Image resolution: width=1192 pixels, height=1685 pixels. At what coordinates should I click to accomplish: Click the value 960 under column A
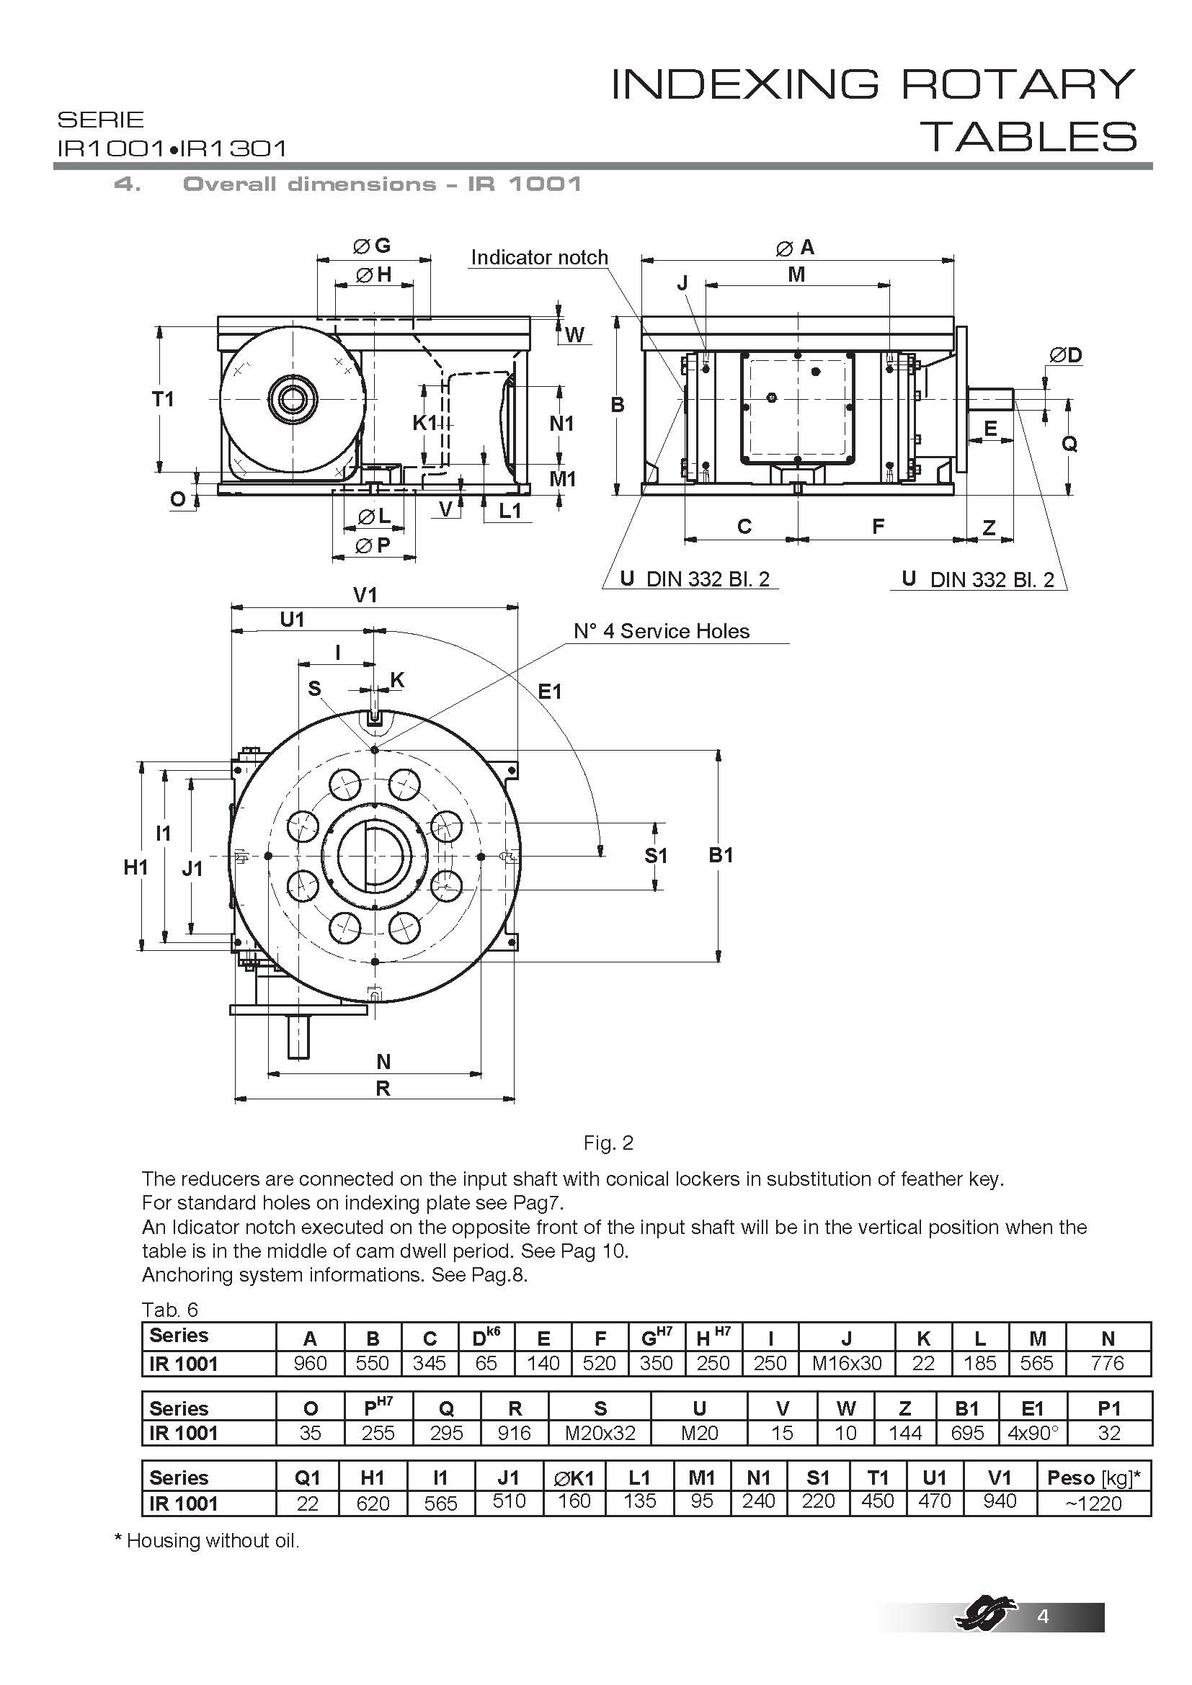click(x=310, y=1364)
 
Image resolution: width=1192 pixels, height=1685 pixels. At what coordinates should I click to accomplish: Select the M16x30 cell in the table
click(x=846, y=1364)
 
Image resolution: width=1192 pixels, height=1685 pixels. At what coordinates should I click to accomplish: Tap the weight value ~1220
click(x=1093, y=1503)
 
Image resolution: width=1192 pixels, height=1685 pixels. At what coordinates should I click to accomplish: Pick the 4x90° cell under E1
click(x=1032, y=1434)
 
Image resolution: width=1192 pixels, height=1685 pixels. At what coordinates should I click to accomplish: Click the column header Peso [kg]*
click(x=1093, y=1478)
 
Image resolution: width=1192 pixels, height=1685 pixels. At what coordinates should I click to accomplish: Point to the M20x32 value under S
click(x=600, y=1434)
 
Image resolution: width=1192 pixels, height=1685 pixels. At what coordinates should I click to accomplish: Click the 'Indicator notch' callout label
click(x=540, y=258)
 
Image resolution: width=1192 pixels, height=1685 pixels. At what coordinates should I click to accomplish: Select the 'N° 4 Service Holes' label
click(x=662, y=631)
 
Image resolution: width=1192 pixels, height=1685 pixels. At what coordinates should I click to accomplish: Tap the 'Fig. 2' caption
click(x=608, y=1143)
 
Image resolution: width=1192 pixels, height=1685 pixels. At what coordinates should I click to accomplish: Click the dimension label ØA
click(x=796, y=248)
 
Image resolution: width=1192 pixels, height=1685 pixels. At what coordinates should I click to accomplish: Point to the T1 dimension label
click(x=163, y=399)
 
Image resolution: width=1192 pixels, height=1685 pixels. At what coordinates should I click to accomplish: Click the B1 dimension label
click(x=721, y=855)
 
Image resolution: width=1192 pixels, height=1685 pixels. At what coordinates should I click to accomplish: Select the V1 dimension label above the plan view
click(x=365, y=594)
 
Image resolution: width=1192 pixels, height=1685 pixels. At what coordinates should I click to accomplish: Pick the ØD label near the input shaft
click(x=1065, y=355)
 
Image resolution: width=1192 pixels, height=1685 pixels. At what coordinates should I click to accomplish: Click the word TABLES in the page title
click(x=1033, y=138)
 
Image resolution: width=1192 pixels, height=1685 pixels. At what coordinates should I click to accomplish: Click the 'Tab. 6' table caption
click(x=169, y=1310)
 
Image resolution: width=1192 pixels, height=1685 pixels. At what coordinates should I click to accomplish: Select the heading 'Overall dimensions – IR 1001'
click(x=382, y=184)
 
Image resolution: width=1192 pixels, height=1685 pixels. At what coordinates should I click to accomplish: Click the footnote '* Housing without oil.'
click(x=207, y=1540)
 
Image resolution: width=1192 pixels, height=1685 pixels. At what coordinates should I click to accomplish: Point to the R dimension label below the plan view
click(x=383, y=1089)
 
